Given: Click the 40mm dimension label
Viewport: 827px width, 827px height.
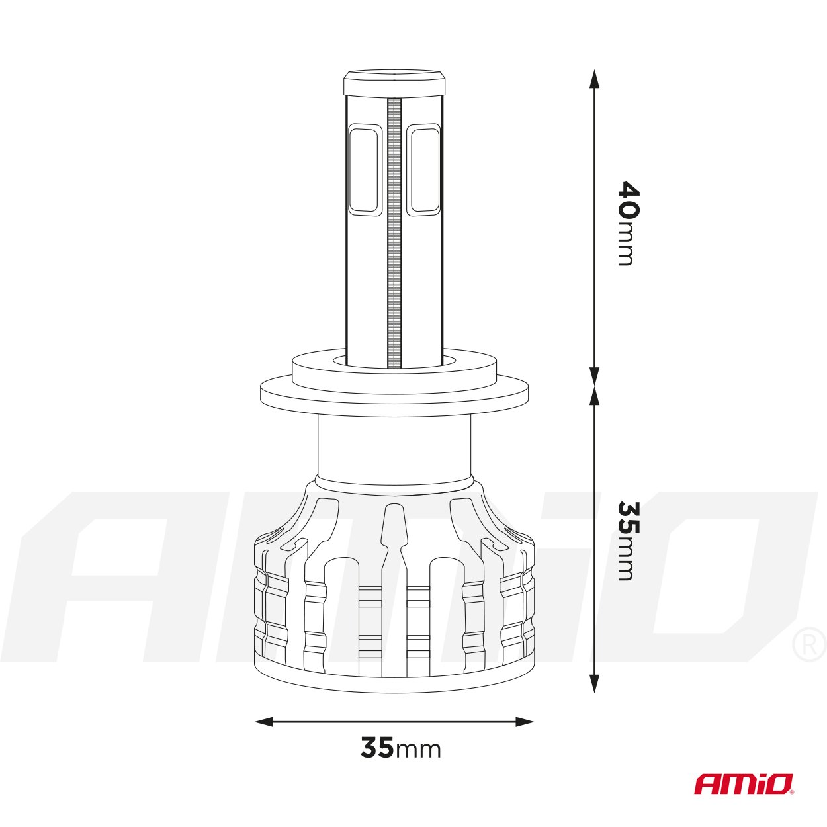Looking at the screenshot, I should click(627, 223).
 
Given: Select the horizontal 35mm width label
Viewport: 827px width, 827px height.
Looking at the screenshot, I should click(400, 748).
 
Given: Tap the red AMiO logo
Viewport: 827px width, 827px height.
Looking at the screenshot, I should click(742, 784).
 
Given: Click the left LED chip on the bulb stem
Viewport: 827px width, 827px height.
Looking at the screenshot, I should click(364, 170).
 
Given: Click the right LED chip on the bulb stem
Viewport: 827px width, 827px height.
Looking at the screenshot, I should click(423, 170).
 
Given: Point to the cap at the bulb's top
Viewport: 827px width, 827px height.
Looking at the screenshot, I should click(394, 83).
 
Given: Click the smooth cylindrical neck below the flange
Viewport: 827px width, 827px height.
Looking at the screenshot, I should click(394, 447).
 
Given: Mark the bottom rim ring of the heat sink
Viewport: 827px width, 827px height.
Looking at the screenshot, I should click(394, 681).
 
